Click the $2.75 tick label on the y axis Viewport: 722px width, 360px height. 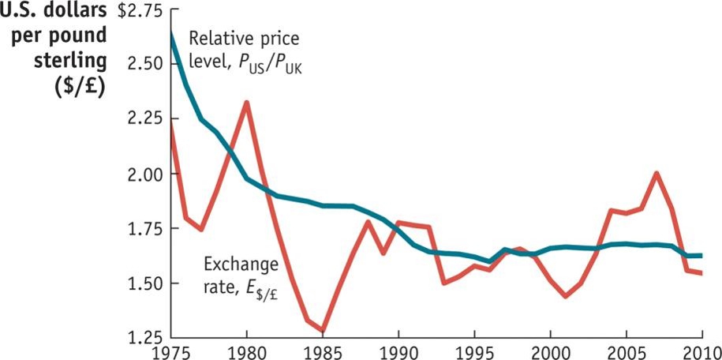tap(140, 12)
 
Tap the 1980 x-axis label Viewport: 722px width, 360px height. tap(246, 351)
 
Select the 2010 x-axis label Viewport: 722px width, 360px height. tap(701, 351)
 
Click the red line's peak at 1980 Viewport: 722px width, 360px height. tap(246, 103)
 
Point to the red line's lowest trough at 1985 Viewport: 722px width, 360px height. tap(323, 331)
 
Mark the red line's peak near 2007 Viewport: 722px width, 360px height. tap(657, 174)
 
